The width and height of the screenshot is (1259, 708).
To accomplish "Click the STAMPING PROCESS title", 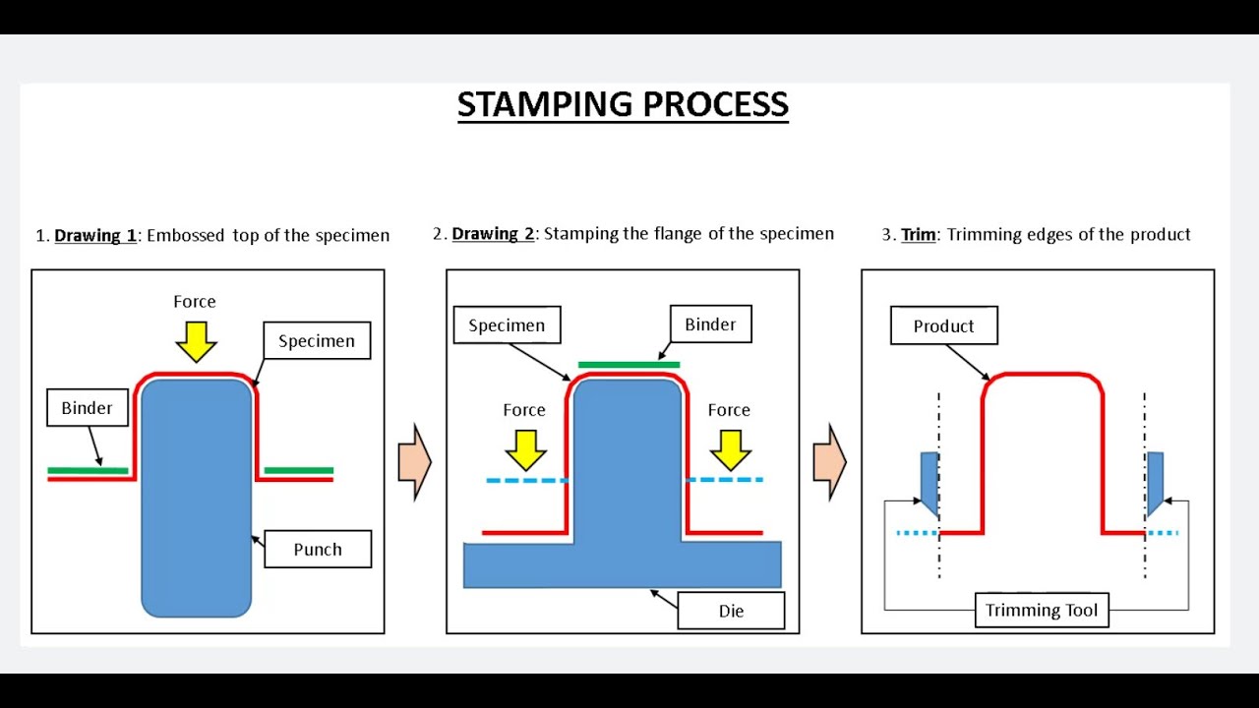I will (623, 104).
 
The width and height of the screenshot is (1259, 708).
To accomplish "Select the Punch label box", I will (318, 550).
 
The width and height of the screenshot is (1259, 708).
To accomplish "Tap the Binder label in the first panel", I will (88, 408).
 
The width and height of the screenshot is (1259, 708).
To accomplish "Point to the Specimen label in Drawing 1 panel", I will (317, 341).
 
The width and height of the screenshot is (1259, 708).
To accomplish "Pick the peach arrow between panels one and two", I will (414, 462).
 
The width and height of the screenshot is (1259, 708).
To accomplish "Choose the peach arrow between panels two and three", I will (829, 462).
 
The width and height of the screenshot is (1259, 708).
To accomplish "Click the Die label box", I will (731, 611).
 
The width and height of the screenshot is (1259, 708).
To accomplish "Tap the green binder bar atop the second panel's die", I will (629, 365).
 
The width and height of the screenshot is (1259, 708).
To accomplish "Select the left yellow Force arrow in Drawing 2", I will (525, 449).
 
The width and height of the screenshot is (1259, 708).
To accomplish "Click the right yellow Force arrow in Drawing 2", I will (730, 449).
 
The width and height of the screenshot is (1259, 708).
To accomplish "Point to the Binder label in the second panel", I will (710, 324).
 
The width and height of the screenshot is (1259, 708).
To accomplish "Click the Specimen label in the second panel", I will (507, 325).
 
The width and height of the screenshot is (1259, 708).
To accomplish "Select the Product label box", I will (943, 326).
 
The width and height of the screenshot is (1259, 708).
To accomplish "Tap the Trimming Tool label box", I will (1041, 611).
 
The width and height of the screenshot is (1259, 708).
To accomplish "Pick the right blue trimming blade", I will (1155, 482).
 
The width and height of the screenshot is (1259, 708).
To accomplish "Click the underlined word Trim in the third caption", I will (919, 235).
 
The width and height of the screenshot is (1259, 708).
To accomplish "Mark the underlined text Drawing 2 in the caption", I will (493, 234).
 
